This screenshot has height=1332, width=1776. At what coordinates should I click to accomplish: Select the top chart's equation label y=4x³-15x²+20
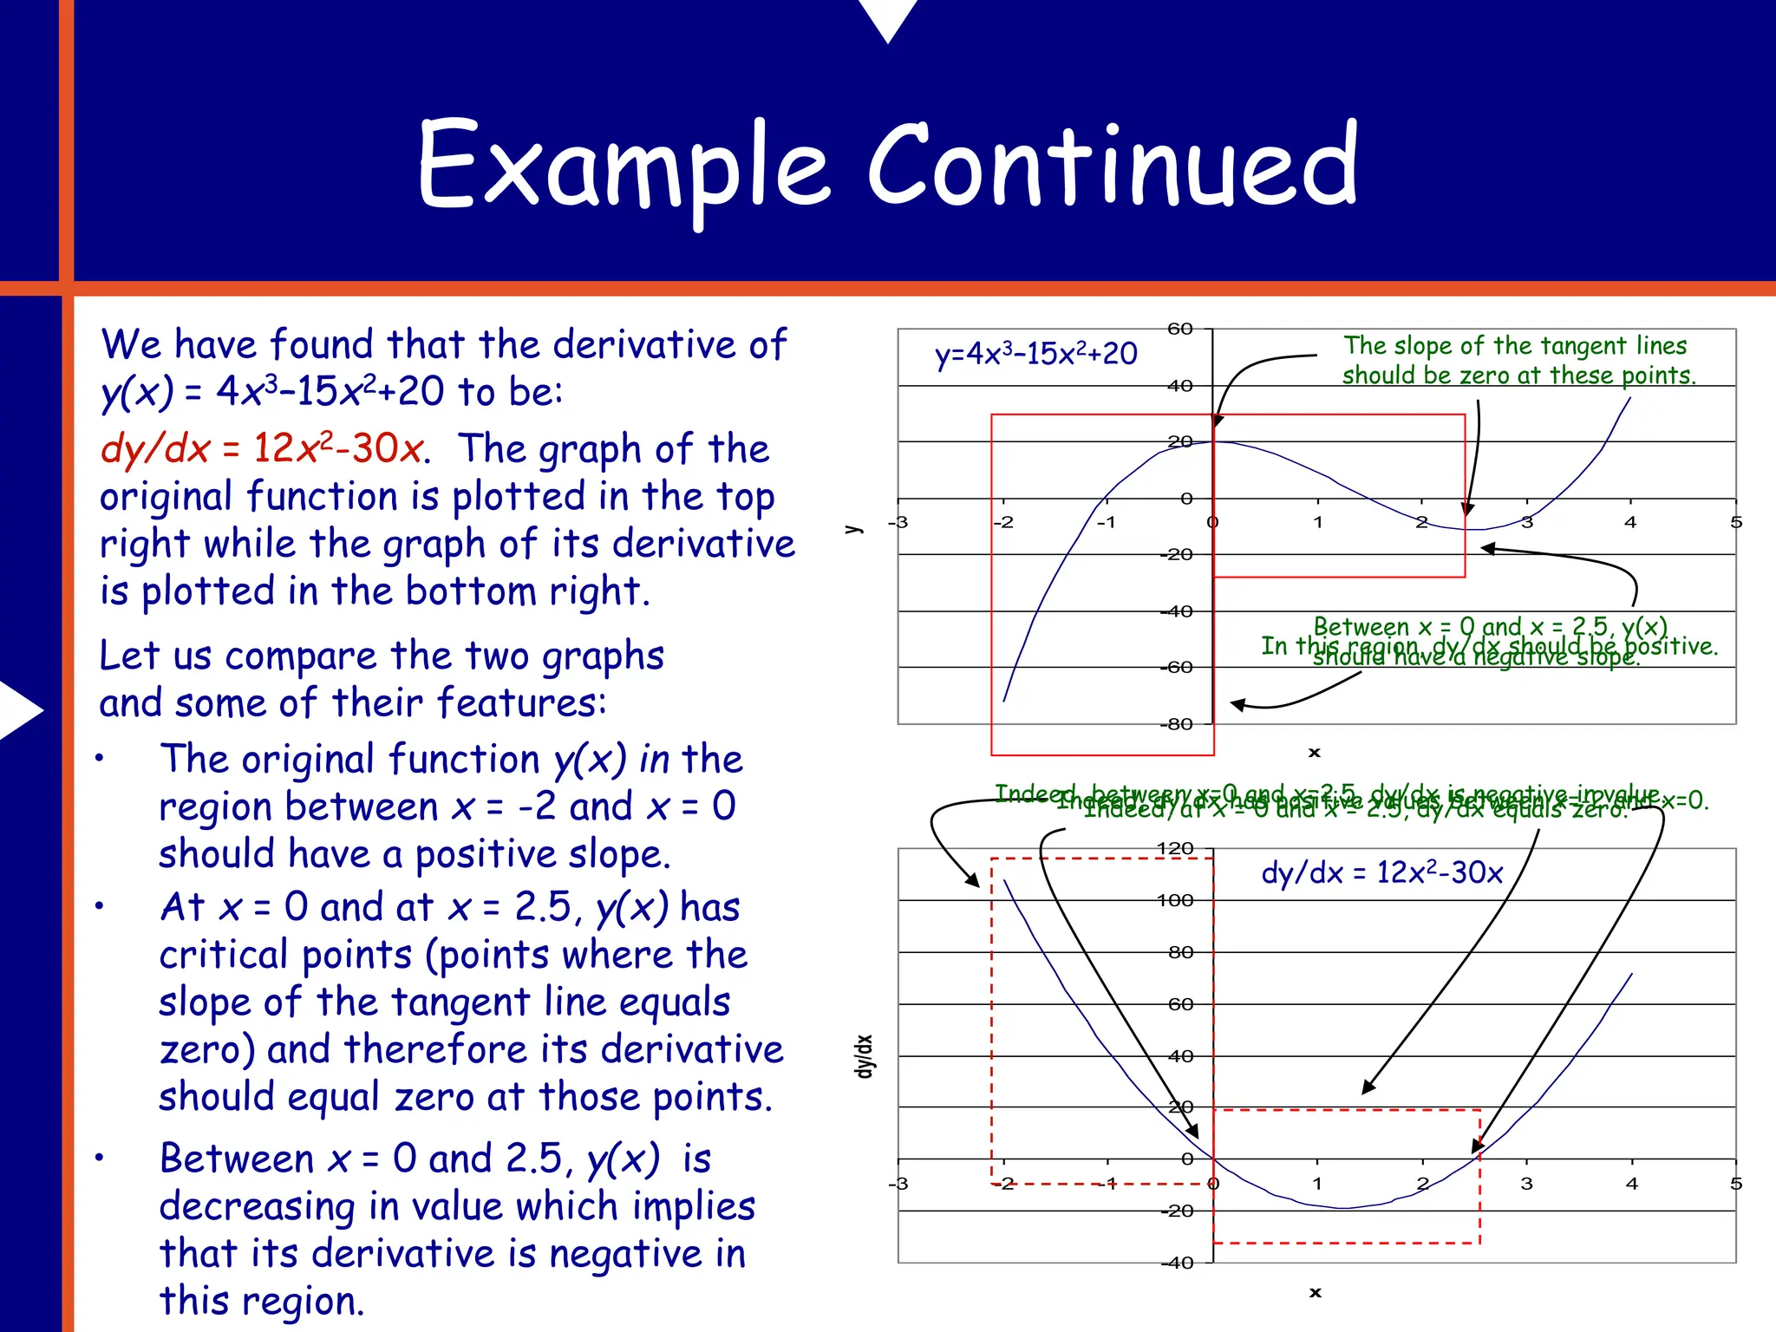point(1035,354)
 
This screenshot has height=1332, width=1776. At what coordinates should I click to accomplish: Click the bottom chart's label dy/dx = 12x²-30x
point(1381,872)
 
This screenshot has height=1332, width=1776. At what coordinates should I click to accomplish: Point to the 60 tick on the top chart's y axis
point(1180,329)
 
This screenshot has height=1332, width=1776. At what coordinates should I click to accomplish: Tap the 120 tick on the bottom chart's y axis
point(1175,848)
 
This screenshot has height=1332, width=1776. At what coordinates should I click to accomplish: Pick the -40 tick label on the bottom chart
point(1178,1263)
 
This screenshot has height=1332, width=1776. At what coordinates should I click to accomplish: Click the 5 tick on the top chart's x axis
point(1735,522)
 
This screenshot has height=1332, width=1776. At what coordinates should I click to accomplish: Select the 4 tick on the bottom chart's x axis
point(1631,1183)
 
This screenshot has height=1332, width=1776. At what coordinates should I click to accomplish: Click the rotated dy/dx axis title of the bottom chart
point(863,1056)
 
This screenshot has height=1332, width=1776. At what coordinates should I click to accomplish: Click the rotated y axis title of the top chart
point(853,528)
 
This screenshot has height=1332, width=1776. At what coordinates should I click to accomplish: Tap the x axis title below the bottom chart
point(1315,1292)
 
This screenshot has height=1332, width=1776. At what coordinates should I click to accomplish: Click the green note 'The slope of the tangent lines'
point(1515,346)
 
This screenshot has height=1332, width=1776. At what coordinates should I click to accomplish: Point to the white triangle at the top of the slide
point(887,17)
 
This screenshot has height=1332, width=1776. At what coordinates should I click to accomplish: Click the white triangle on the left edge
point(19,710)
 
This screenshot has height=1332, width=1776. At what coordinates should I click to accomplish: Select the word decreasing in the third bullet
point(258,1206)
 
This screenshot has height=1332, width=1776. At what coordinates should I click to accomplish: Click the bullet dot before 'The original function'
point(100,760)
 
